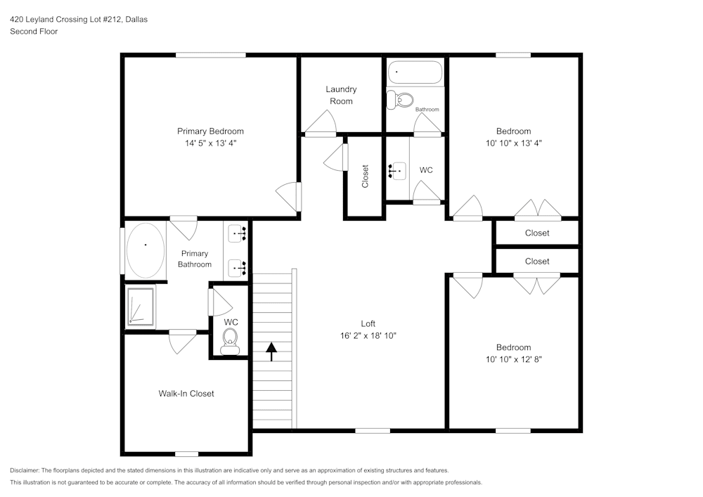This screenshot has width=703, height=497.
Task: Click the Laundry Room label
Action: pyautogui.click(x=341, y=95)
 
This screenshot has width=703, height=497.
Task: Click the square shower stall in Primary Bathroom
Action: pyautogui.click(x=141, y=307)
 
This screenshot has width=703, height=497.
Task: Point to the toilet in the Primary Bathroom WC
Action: pyautogui.click(x=230, y=342)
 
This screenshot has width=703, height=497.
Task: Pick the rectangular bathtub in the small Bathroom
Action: pyautogui.click(x=415, y=72)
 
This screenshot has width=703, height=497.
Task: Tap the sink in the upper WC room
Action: pyautogui.click(x=397, y=170)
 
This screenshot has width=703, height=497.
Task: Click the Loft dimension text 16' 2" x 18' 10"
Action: pyautogui.click(x=368, y=336)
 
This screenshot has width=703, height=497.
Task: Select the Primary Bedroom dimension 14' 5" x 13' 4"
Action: pyautogui.click(x=210, y=143)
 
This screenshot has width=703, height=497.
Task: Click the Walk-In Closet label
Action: pyautogui.click(x=186, y=394)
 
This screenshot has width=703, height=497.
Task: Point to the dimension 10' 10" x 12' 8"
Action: pyautogui.click(x=513, y=359)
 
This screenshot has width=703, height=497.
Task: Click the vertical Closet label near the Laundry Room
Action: pyautogui.click(x=365, y=176)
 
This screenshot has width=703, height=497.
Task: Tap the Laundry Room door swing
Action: pyautogui.click(x=321, y=124)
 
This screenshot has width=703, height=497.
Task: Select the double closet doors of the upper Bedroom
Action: pyautogui.click(x=536, y=210)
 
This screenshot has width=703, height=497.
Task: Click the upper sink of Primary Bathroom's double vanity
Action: pyautogui.click(x=238, y=233)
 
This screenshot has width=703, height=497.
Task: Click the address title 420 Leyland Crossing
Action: pyautogui.click(x=78, y=20)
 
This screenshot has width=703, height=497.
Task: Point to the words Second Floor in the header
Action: pyautogui.click(x=34, y=32)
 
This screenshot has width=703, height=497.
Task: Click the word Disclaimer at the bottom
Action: pyautogui.click(x=25, y=470)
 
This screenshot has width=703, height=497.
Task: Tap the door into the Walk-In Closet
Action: pyautogui.click(x=182, y=340)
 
